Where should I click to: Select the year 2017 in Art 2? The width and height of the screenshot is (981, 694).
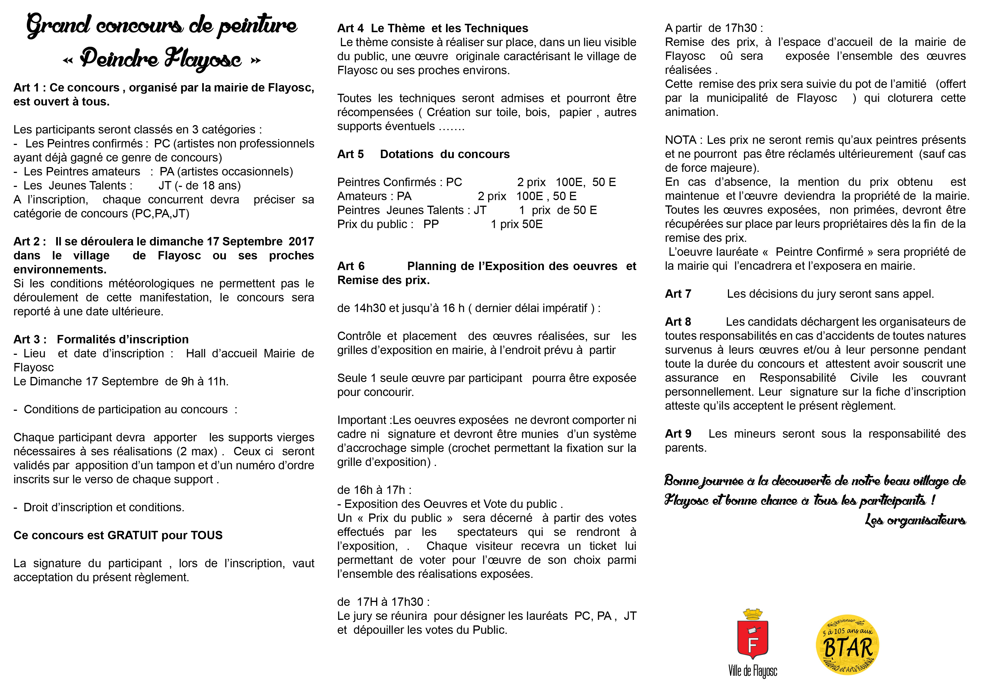pos(301,242)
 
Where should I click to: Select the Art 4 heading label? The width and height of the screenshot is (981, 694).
pos(350,28)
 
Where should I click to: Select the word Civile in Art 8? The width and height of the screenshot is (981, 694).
pos(864,378)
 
